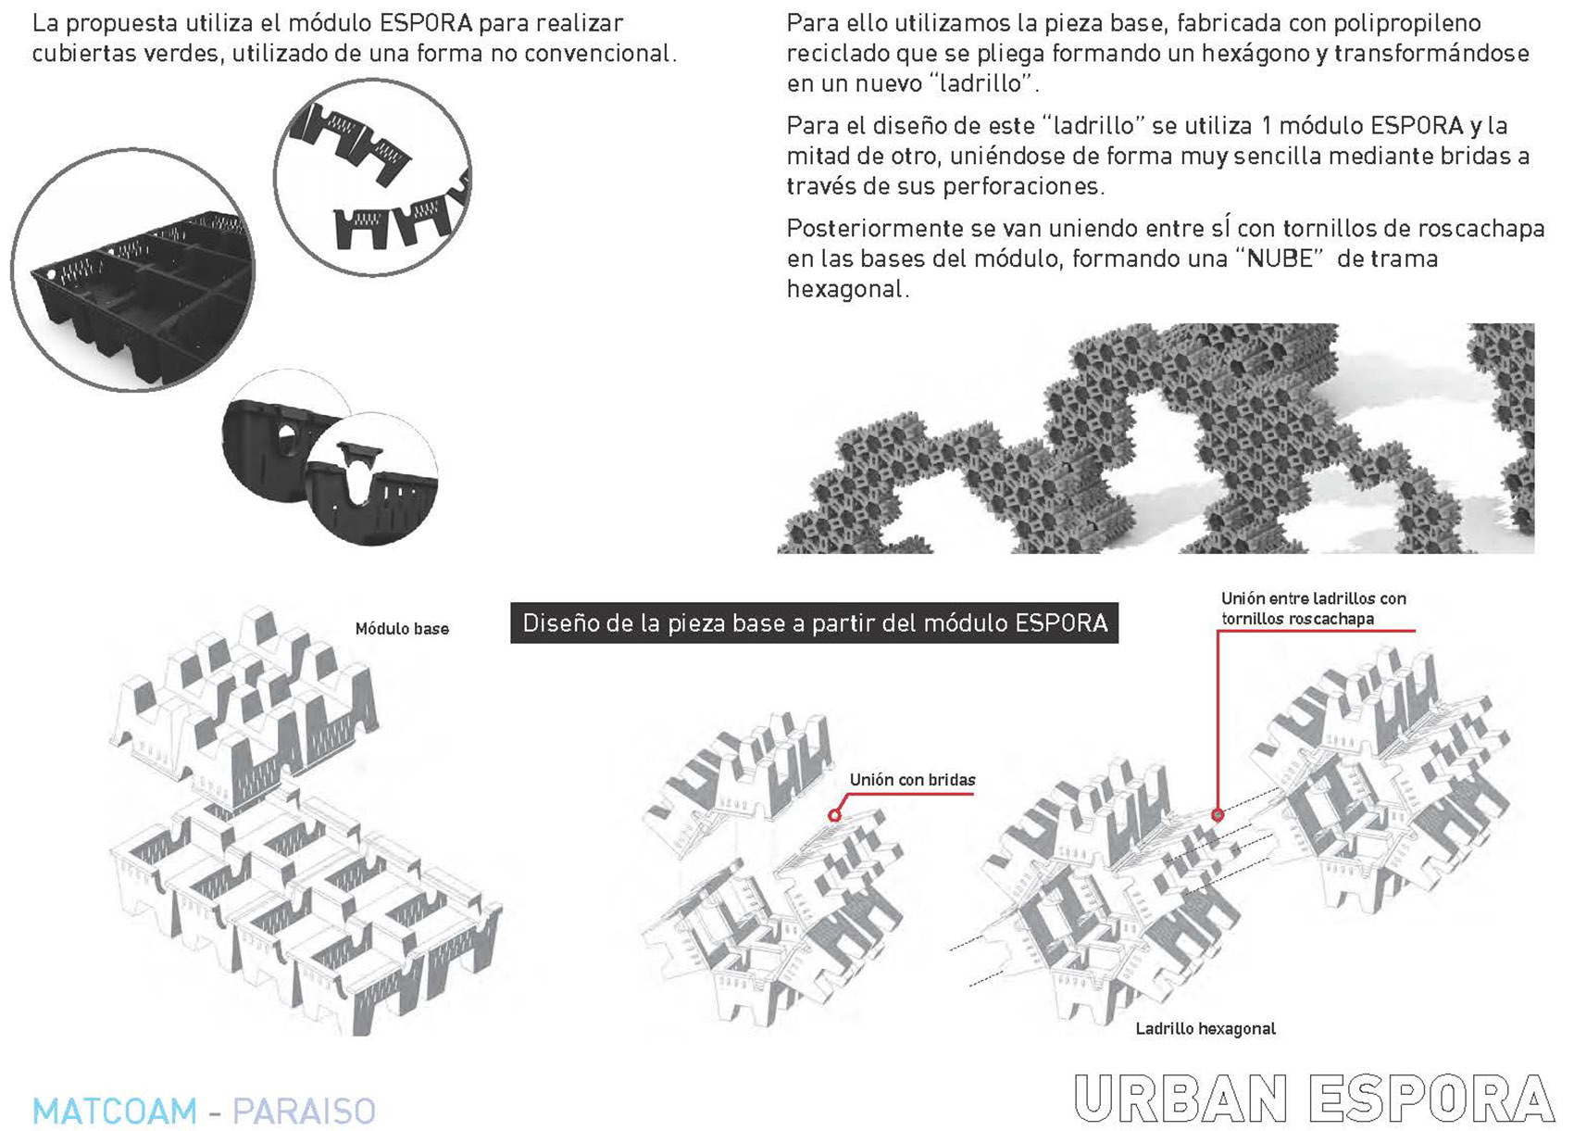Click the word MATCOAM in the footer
115,1111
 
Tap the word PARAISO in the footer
304,1111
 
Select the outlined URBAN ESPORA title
1314,1098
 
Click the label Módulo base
402,629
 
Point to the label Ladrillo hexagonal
1205,1029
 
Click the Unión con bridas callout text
912,780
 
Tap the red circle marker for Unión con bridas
834,815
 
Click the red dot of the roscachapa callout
1217,815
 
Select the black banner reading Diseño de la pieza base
814,623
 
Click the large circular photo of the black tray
133,270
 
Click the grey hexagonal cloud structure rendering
1156,439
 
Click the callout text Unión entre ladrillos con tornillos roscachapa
1313,609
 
